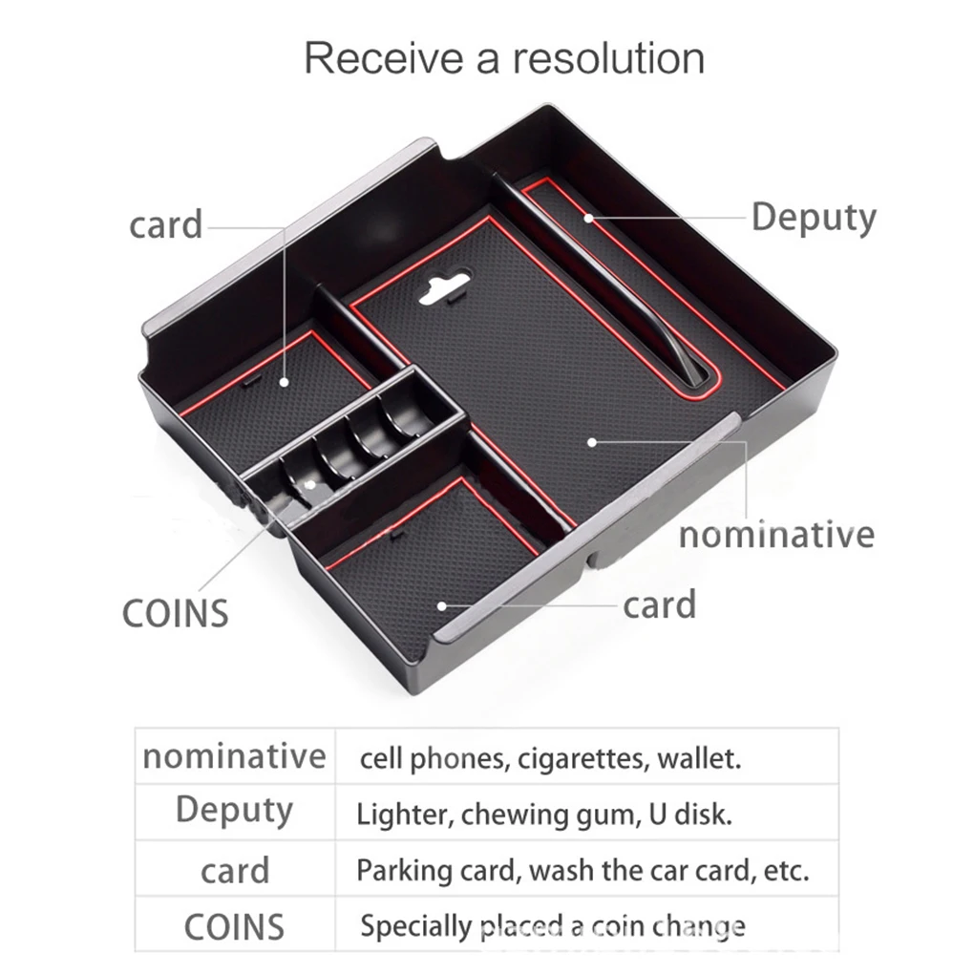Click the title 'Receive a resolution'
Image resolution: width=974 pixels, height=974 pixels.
click(x=504, y=58)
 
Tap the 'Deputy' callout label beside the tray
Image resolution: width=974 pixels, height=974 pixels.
click(x=814, y=218)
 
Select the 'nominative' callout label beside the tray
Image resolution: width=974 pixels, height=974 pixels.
click(x=776, y=535)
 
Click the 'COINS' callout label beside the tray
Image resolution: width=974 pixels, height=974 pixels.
click(x=175, y=613)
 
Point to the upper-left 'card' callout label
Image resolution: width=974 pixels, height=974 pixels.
click(x=166, y=224)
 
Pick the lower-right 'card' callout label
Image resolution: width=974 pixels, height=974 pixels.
click(x=659, y=605)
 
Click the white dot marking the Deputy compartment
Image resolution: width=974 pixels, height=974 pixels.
click(x=588, y=218)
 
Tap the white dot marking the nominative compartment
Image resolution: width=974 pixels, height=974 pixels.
click(x=592, y=442)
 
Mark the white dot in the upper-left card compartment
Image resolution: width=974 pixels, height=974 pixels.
click(x=285, y=382)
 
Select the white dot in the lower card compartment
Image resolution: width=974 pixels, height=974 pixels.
click(x=442, y=605)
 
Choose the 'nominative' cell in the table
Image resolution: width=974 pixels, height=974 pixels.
click(x=234, y=756)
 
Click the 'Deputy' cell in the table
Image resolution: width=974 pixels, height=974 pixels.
click(x=234, y=811)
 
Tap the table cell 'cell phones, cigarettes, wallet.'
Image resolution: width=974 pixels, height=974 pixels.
click(x=550, y=758)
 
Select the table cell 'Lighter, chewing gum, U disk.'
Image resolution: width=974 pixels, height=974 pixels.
click(x=544, y=815)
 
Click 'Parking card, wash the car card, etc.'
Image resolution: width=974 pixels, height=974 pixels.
click(x=582, y=870)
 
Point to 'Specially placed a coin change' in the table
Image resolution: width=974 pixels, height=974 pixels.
click(x=553, y=927)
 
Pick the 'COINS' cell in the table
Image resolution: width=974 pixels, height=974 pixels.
click(x=234, y=927)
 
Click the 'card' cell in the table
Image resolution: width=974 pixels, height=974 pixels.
click(x=235, y=871)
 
